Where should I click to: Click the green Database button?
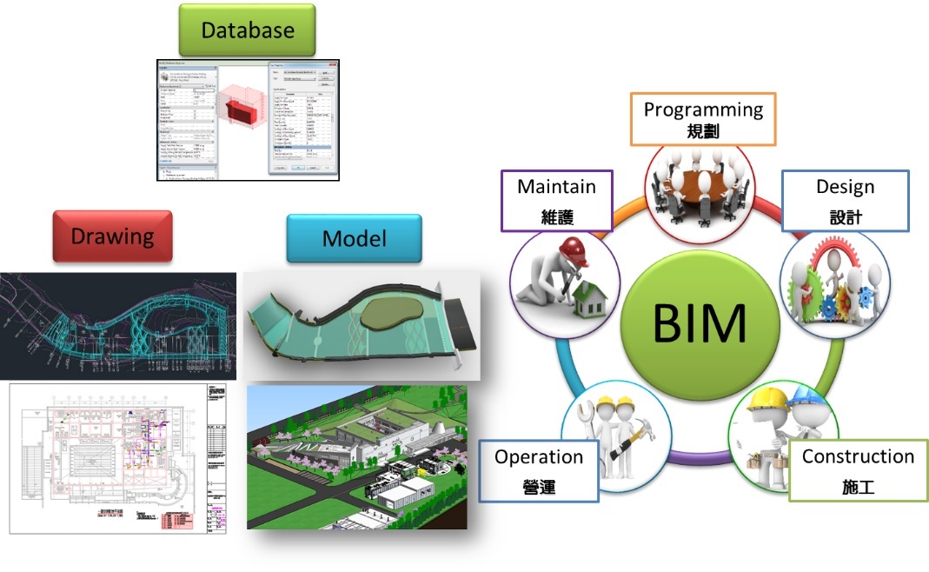248,30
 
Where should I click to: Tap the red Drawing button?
113,236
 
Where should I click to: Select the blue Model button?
354,238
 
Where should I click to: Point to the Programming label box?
702,120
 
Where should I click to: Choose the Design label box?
845,200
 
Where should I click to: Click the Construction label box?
857,470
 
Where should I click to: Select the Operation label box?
539,470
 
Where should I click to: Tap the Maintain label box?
556,200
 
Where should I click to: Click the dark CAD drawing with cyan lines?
117,326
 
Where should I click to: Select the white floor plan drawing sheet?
117,458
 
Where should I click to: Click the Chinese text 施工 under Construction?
858,485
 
